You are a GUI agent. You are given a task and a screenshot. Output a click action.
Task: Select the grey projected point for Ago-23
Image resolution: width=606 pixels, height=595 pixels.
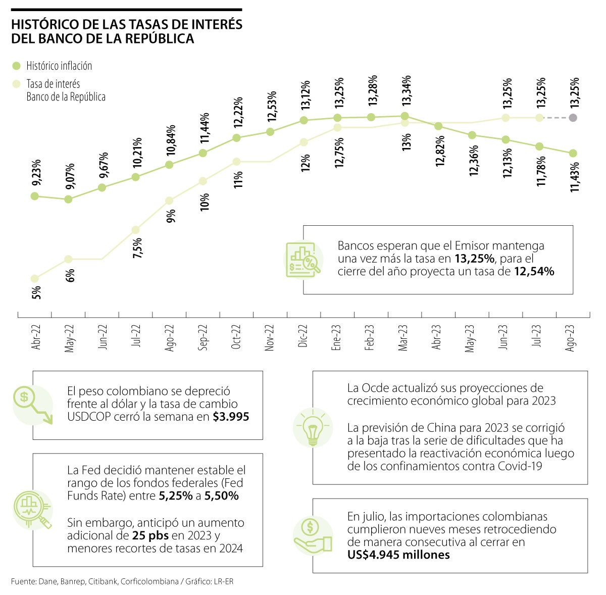point(573,118)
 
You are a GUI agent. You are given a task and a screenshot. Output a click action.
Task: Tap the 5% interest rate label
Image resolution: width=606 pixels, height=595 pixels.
point(36,293)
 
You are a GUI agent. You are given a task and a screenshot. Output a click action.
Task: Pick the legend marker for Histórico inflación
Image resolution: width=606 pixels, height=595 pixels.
point(17,66)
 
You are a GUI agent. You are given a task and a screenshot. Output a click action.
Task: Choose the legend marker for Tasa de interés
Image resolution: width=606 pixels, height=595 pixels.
point(17,84)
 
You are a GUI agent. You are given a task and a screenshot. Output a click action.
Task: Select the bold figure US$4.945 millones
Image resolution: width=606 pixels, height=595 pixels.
point(398,555)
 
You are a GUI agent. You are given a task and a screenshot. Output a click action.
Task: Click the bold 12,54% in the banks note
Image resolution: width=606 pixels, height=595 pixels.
point(534,271)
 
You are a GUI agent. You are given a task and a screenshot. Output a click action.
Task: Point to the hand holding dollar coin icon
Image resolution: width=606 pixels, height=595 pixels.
point(313,536)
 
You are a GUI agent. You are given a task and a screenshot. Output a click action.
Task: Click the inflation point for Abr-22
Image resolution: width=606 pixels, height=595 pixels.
point(35,196)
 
